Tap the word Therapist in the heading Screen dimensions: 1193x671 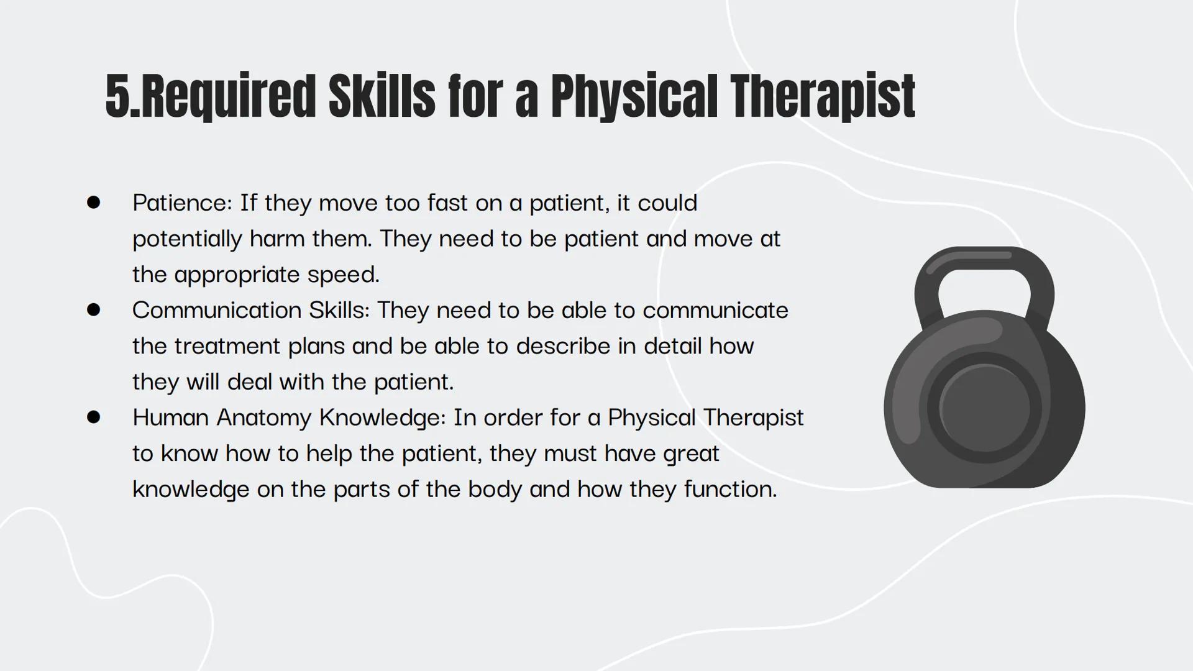(x=822, y=96)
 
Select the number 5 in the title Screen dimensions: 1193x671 (x=117, y=96)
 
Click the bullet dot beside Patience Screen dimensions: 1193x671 (x=94, y=203)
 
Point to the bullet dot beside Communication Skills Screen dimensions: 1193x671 (x=94, y=310)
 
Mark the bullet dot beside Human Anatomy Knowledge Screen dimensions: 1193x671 (x=94, y=417)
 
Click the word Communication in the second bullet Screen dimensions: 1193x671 (x=217, y=310)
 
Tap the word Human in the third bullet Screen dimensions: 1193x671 (x=170, y=418)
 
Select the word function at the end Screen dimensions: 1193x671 (x=730, y=489)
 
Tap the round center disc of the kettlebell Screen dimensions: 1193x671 (x=984, y=408)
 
